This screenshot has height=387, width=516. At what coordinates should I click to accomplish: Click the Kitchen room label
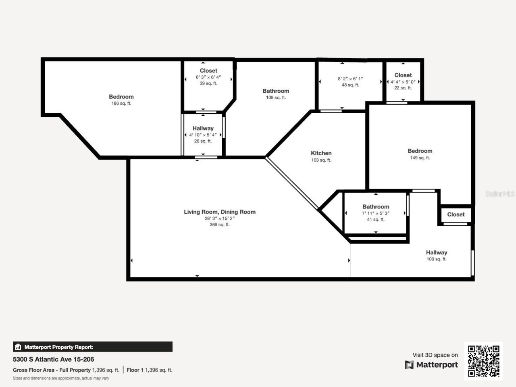(321, 153)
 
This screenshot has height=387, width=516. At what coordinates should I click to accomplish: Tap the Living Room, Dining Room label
(220, 212)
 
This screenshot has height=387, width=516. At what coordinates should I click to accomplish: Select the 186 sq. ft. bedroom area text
(121, 104)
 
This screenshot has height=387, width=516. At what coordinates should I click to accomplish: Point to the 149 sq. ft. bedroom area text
(420, 158)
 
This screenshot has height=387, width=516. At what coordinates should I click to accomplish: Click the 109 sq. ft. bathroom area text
(276, 98)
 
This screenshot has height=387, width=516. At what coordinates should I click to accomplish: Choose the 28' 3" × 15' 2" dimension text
(220, 218)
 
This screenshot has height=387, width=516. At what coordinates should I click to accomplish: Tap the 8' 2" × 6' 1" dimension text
(350, 79)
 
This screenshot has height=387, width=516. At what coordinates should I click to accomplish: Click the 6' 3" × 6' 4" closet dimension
(208, 77)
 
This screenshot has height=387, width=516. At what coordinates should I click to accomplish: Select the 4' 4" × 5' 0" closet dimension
(403, 82)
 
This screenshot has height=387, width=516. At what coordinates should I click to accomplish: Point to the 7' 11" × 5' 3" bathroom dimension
(376, 213)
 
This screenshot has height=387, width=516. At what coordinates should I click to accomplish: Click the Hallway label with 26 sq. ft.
(203, 129)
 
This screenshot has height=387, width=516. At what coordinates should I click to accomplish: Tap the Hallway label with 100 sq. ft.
(437, 253)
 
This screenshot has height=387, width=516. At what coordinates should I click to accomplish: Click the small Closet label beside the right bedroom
(456, 214)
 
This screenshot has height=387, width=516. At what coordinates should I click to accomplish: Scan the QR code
(484, 361)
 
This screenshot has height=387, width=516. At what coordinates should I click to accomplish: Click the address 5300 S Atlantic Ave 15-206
(54, 359)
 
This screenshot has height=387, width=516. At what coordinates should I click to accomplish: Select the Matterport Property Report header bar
(93, 347)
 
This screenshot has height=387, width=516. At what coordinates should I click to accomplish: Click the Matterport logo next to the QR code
(431, 365)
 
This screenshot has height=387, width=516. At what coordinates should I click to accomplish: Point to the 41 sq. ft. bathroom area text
(376, 220)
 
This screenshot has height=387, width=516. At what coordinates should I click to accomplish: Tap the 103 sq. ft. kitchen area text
(321, 160)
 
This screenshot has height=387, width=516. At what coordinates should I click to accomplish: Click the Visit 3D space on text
(435, 355)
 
